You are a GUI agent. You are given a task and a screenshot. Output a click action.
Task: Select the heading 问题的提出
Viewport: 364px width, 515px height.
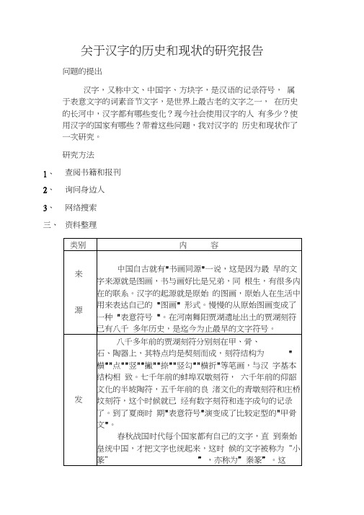[83, 72]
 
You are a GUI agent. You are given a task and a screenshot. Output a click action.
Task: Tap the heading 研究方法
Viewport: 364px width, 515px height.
[79, 155]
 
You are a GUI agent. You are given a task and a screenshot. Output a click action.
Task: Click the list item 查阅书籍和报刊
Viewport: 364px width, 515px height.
[93, 172]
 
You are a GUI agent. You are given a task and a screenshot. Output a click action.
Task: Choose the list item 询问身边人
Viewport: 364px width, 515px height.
[86, 190]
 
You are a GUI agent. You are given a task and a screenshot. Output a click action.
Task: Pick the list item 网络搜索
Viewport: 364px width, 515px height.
[86, 208]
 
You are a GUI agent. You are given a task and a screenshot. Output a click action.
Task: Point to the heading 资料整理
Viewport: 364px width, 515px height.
[81, 225]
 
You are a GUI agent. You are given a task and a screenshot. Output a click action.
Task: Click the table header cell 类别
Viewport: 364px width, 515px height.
[79, 246]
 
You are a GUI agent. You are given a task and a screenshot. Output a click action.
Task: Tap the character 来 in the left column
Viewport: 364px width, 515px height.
[79, 274]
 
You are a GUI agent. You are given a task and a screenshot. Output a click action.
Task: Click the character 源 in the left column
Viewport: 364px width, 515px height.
[79, 309]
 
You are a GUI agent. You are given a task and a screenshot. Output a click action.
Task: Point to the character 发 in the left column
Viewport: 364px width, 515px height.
[79, 398]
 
